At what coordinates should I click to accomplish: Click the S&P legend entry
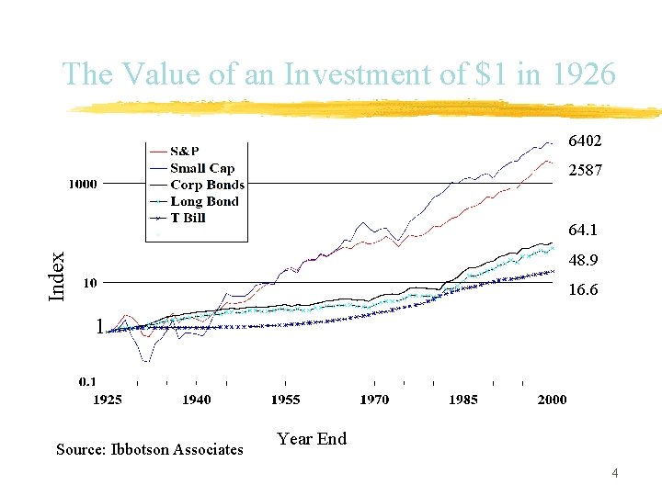tap(185, 152)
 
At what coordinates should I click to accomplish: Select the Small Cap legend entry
tap(201, 168)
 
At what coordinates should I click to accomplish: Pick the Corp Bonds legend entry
tap(207, 185)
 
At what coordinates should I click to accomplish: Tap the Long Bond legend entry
tap(204, 201)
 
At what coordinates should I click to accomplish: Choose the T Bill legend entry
tap(188, 218)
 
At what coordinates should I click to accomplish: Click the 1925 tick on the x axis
tap(108, 400)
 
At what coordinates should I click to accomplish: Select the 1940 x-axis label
tap(196, 400)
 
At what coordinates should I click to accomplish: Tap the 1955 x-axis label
tap(285, 400)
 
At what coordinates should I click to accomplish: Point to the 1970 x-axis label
tap(374, 400)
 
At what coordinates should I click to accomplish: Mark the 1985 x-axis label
tap(463, 400)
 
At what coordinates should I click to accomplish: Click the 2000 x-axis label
tap(552, 400)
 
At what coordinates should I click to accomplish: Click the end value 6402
tap(585, 142)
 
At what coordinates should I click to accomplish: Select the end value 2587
tap(585, 171)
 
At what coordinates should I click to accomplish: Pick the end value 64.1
tap(583, 231)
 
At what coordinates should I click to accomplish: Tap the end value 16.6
tap(583, 289)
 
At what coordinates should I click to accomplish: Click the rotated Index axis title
tap(57, 276)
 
